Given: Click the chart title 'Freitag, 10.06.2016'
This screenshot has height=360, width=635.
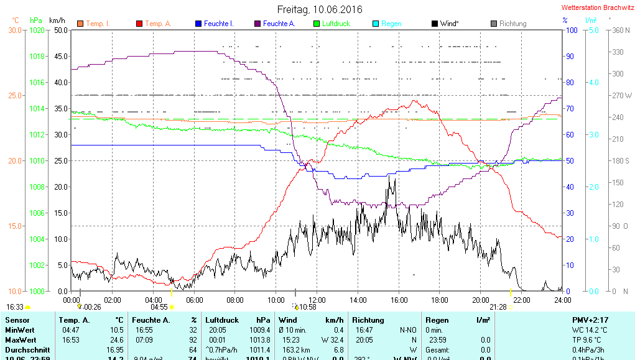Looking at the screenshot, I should pyautogui.click(x=319, y=9).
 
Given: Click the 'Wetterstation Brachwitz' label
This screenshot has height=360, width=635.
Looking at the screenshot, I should pyautogui.click(x=596, y=8).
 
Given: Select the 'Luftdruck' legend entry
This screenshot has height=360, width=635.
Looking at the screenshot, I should pyautogui.click(x=336, y=24).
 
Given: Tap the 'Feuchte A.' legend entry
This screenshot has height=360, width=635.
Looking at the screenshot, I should pyautogui.click(x=279, y=24).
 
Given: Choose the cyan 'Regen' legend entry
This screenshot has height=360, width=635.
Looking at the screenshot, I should pyautogui.click(x=391, y=24).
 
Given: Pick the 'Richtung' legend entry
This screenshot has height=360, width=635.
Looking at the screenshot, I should pyautogui.click(x=512, y=24).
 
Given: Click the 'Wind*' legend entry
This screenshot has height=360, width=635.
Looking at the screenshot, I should pyautogui.click(x=449, y=24).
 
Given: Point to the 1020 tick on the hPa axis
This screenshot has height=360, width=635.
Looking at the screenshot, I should pyautogui.click(x=37, y=30).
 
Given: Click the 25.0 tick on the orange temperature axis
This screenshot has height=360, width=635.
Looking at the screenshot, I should pyautogui.click(x=15, y=95).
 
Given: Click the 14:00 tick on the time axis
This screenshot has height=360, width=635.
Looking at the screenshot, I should pyautogui.click(x=358, y=300).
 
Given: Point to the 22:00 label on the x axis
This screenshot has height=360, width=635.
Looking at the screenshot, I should pyautogui.click(x=521, y=300).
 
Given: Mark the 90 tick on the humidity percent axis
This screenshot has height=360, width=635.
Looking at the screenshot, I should pyautogui.click(x=568, y=56).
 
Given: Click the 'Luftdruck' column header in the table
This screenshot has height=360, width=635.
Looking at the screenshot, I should pyautogui.click(x=222, y=320).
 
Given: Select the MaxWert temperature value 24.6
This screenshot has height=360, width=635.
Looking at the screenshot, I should pyautogui.click(x=116, y=340).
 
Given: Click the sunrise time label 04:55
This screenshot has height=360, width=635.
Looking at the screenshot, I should pyautogui.click(x=160, y=307).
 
